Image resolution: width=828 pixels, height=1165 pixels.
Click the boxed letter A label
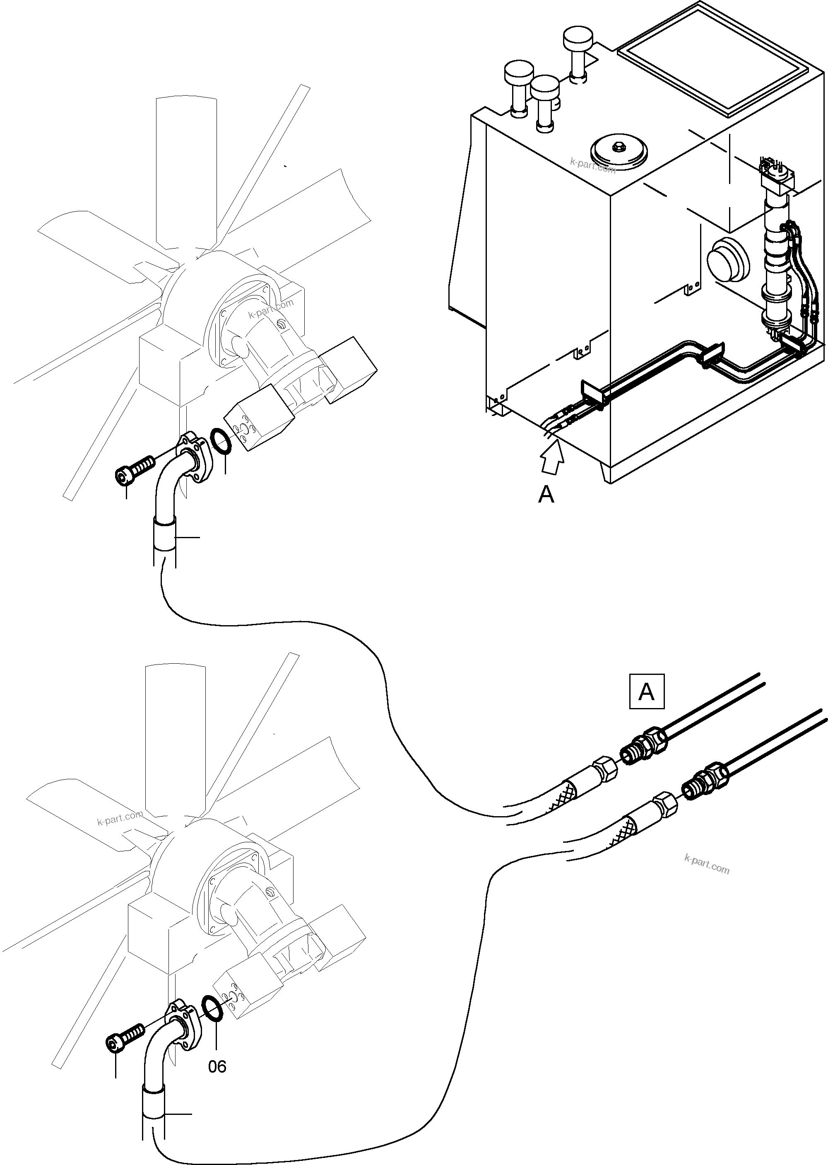coord(647,692)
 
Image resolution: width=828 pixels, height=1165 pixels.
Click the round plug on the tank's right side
coord(727,258)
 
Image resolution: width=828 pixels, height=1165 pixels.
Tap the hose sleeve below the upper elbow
coord(165,534)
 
